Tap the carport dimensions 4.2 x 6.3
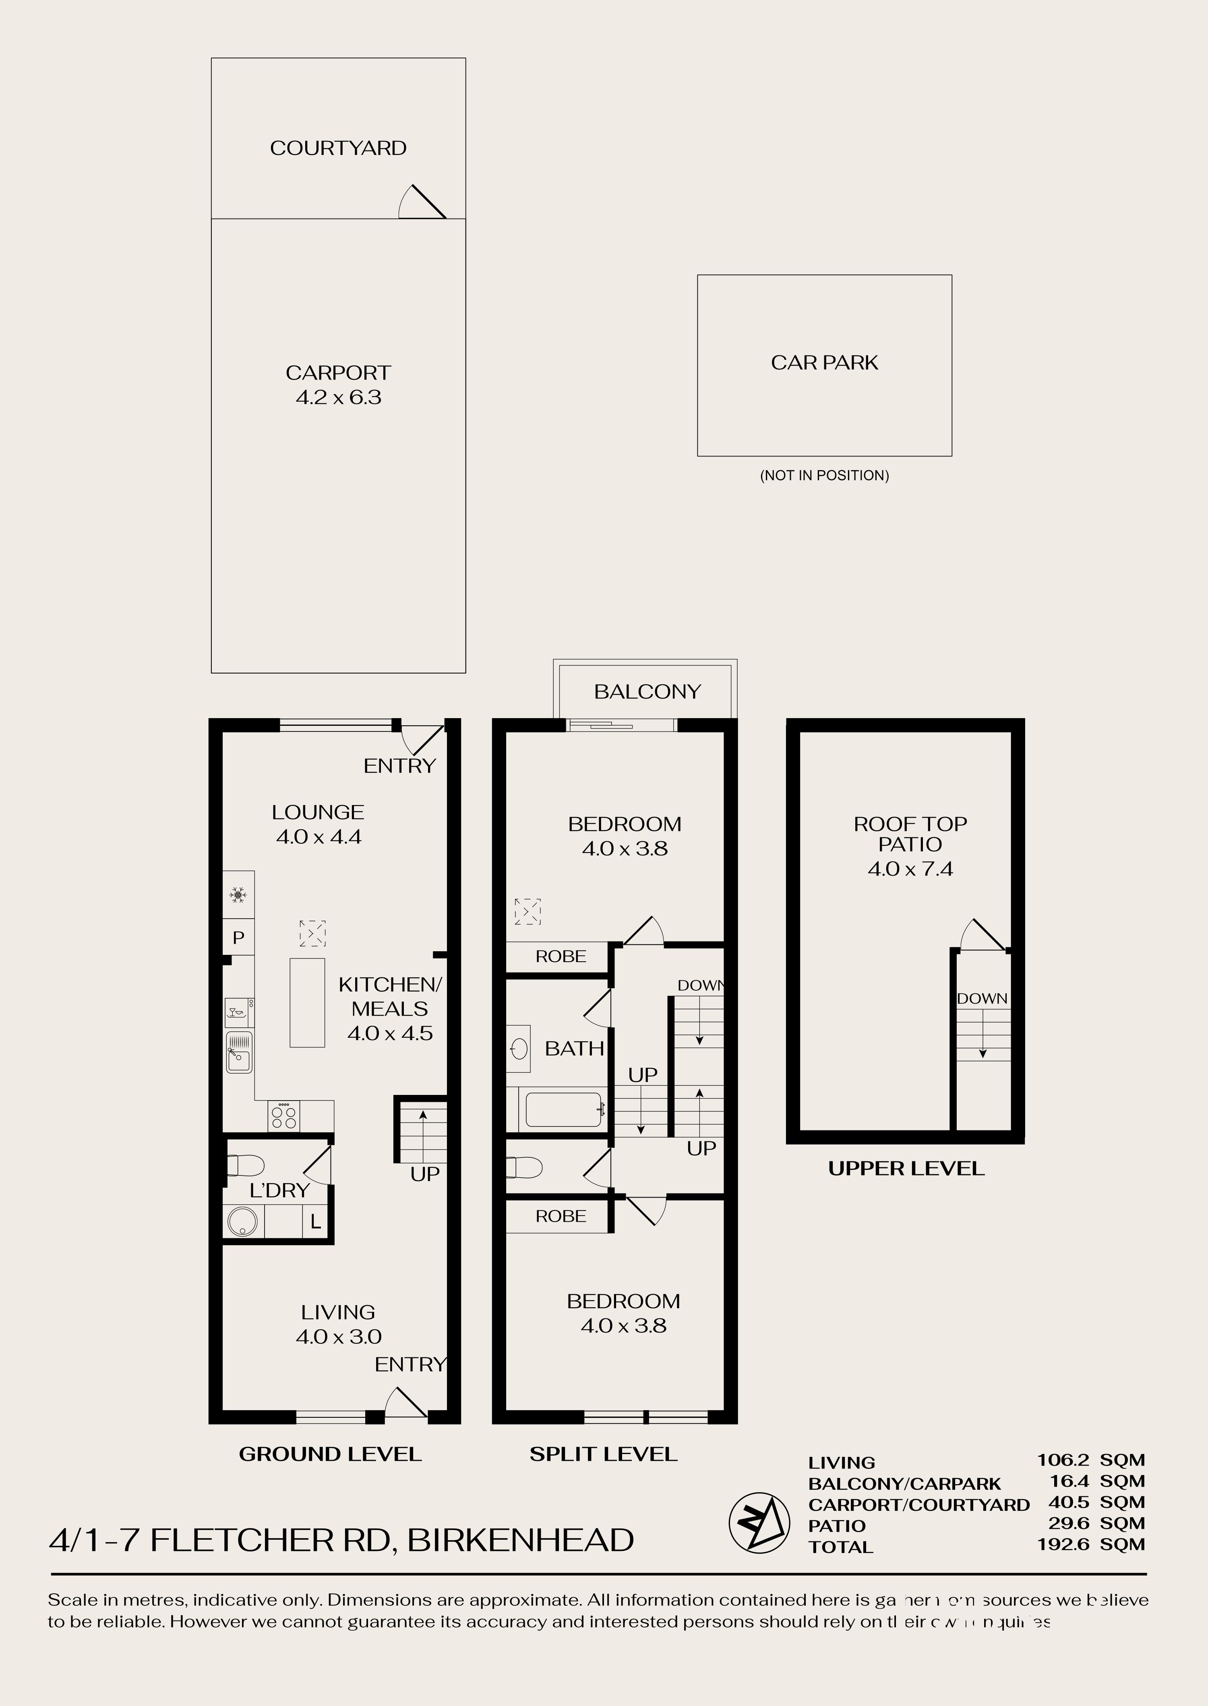tap(339, 397)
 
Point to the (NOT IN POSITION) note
tap(824, 475)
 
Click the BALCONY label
tap(647, 692)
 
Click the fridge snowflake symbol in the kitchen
tap(238, 895)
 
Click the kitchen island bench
tap(307, 1002)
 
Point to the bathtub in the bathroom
tap(563, 1109)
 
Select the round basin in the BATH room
tap(519, 1049)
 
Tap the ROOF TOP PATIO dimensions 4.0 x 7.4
tap(910, 869)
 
